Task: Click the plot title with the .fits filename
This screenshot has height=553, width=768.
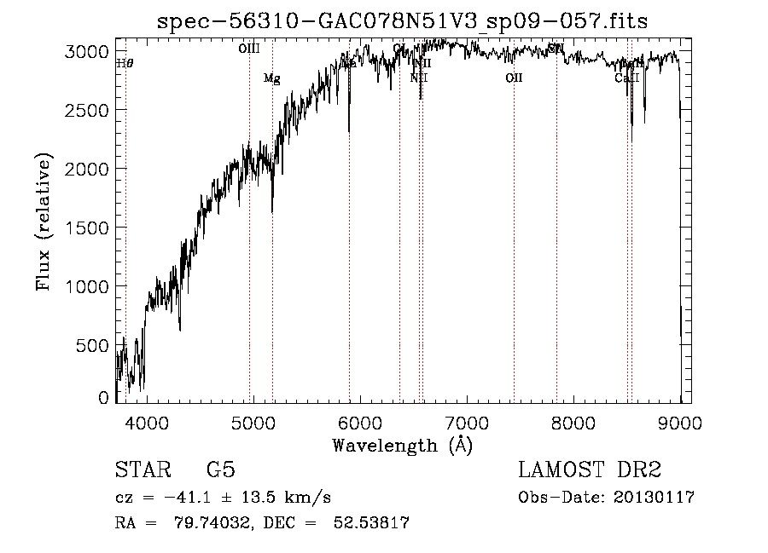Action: pos(403,21)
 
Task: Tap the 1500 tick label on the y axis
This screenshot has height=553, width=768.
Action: pos(88,228)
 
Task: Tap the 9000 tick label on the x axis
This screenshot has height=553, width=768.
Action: pos(679,422)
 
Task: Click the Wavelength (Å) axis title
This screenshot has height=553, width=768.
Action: pos(402,445)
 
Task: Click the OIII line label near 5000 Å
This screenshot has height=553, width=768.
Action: pos(249,50)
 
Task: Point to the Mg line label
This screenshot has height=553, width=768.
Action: pos(271,79)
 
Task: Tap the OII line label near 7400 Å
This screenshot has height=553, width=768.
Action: pos(514,78)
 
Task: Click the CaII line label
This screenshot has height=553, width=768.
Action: pos(626,78)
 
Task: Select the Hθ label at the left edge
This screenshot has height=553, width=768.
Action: pos(125,63)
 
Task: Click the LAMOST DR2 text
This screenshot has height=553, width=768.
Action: pos(590,470)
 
